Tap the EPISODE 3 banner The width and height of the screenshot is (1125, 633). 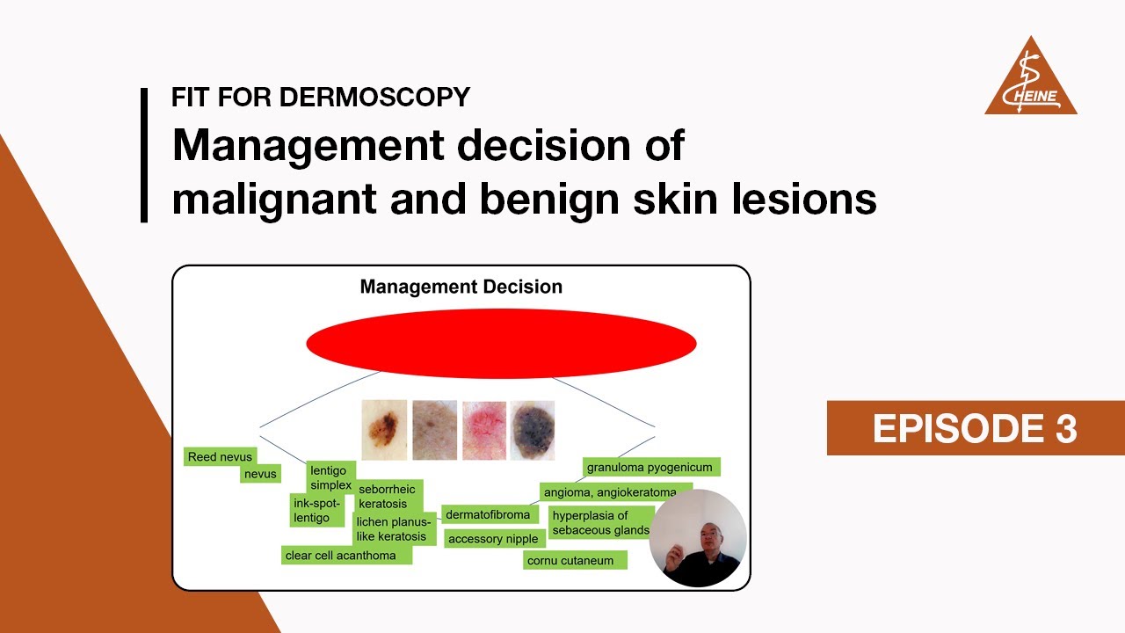[x=975, y=428]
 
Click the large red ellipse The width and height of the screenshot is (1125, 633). [x=501, y=344]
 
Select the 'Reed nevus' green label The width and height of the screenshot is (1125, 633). [x=220, y=457]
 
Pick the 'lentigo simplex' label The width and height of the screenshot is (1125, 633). [x=331, y=477]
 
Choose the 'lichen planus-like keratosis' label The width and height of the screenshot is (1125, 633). [x=393, y=529]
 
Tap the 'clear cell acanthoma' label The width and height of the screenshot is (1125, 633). [x=346, y=556]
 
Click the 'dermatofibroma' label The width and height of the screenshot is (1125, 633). [x=489, y=515]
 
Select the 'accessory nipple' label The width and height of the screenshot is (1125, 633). [x=492, y=539]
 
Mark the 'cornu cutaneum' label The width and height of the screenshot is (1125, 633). [x=575, y=560]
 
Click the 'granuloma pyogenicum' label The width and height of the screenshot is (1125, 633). [x=650, y=467]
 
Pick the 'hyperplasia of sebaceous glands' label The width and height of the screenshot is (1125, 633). [x=601, y=522]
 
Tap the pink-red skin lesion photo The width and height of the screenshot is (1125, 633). [x=484, y=430]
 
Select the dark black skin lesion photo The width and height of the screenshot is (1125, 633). [x=533, y=430]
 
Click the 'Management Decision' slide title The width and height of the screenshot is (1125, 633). [x=461, y=287]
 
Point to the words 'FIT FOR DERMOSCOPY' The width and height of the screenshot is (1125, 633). [x=321, y=98]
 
